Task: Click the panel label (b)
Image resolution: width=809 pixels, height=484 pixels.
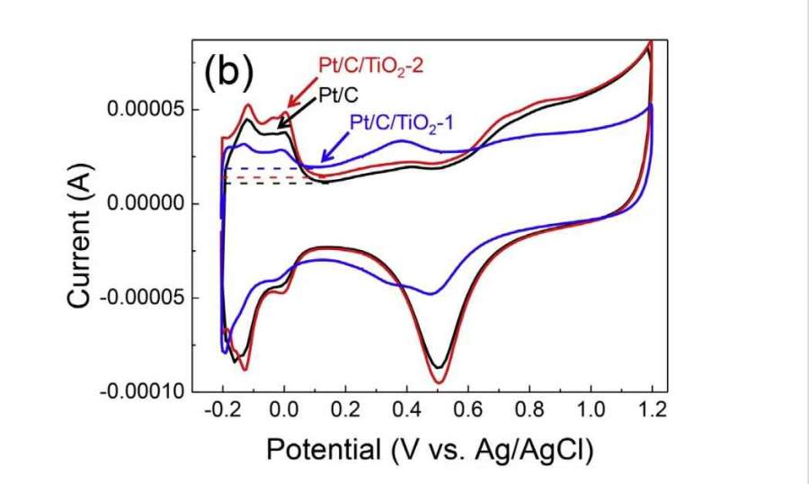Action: [228, 72]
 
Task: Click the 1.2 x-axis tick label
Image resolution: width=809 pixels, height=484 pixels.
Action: [653, 411]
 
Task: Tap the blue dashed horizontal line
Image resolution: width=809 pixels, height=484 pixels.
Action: [270, 168]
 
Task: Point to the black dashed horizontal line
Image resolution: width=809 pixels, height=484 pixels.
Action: [270, 184]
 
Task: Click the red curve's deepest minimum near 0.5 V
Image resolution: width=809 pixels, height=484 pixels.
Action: [439, 382]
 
